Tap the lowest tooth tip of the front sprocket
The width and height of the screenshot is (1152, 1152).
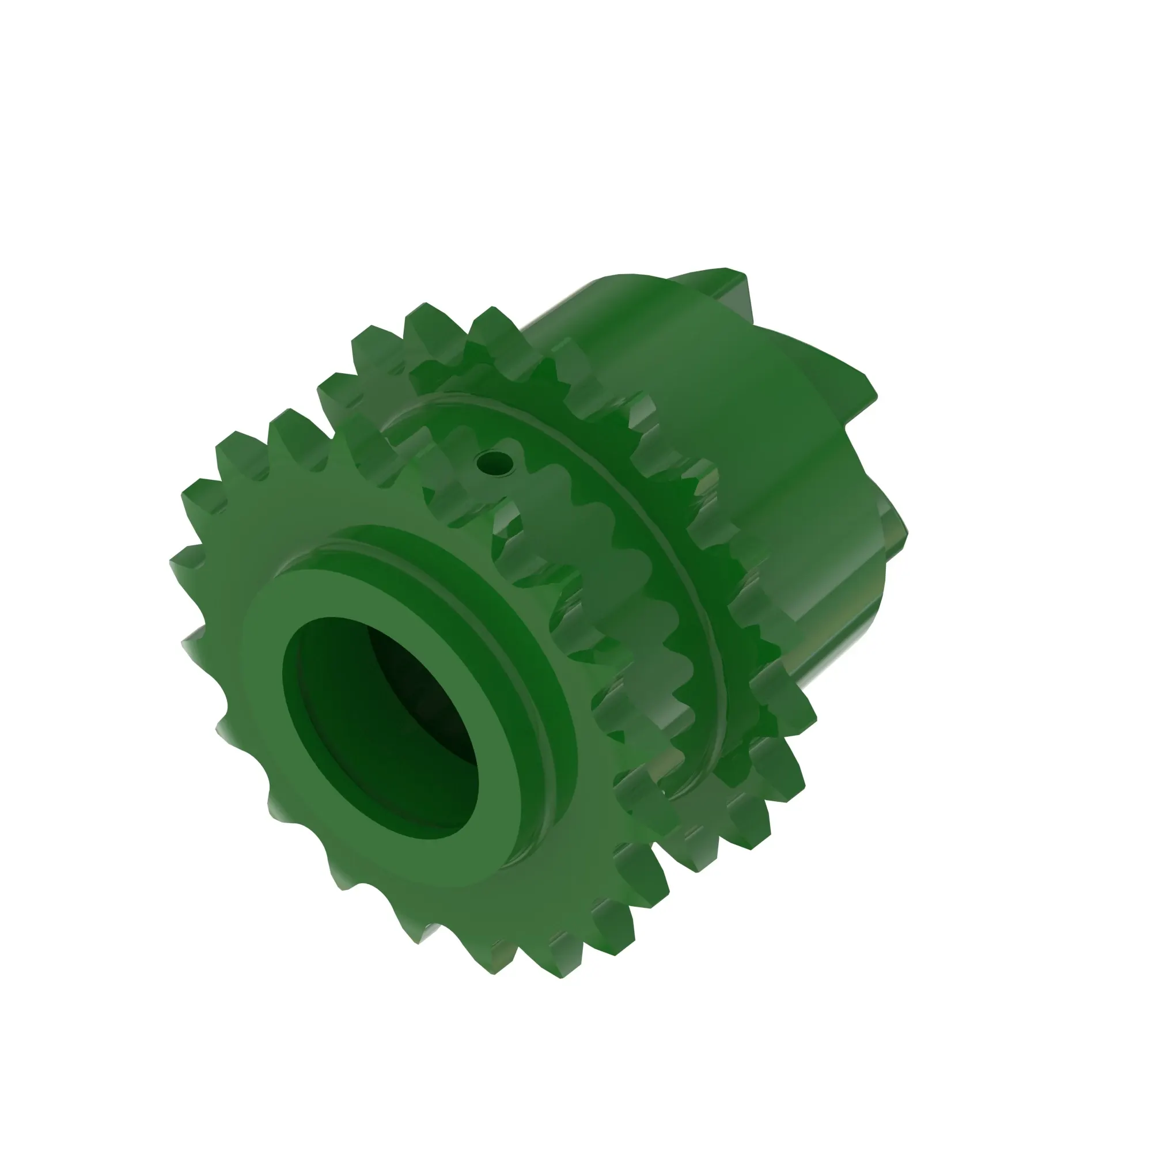(x=560, y=969)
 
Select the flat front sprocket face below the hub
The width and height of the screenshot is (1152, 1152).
(x=418, y=882)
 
